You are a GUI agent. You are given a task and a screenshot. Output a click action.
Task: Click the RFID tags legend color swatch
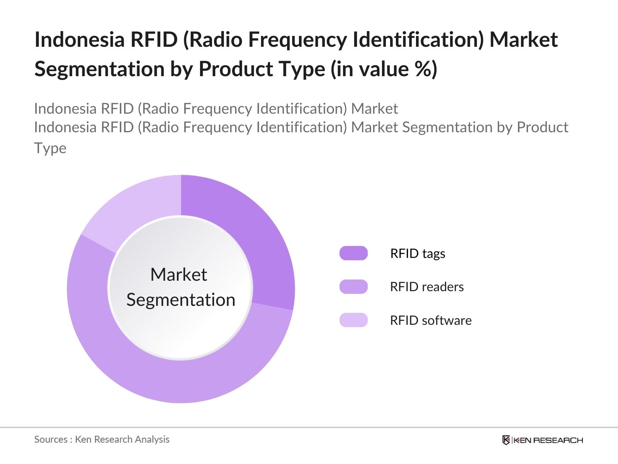pyautogui.click(x=353, y=253)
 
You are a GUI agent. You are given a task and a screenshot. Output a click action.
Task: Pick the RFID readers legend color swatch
pyautogui.click(x=353, y=287)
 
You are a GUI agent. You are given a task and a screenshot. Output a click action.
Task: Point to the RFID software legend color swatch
pyautogui.click(x=353, y=320)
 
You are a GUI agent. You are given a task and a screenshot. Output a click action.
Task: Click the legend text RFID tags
pyautogui.click(x=418, y=254)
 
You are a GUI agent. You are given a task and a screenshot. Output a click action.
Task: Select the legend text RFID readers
pyautogui.click(x=427, y=287)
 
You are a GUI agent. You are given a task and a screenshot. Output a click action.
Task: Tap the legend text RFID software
pyautogui.click(x=431, y=321)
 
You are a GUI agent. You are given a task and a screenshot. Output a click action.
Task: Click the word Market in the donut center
pyautogui.click(x=178, y=275)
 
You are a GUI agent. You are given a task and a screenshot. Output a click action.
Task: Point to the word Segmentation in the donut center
pyautogui.click(x=181, y=300)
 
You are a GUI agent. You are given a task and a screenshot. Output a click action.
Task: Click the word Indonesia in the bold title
pyautogui.click(x=79, y=39)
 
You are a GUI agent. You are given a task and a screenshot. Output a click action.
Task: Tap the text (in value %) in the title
pyautogui.click(x=384, y=69)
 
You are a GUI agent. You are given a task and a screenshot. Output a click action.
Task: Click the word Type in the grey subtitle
pyautogui.click(x=50, y=148)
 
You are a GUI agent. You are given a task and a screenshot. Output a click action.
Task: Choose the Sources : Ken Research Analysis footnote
pyautogui.click(x=102, y=439)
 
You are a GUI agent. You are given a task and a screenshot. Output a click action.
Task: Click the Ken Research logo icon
pyautogui.click(x=506, y=440)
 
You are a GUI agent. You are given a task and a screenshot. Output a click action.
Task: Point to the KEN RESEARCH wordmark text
pyautogui.click(x=548, y=440)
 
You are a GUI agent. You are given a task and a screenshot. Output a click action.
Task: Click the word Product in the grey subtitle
pyautogui.click(x=542, y=127)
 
